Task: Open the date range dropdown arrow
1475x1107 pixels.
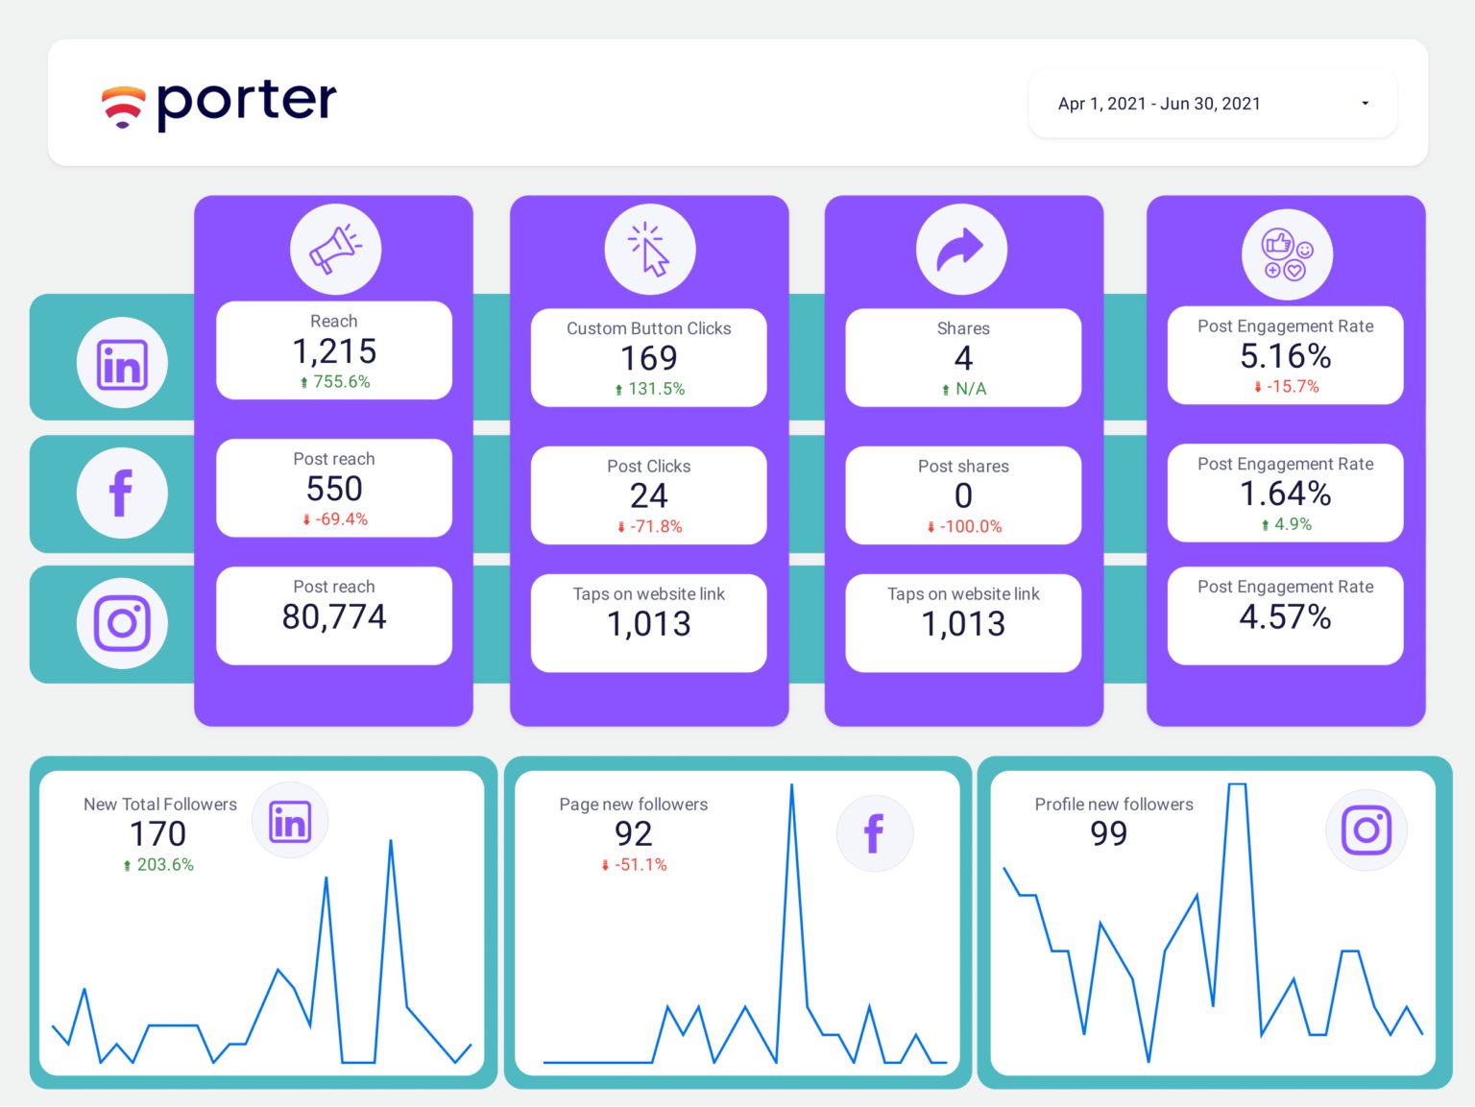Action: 1365,104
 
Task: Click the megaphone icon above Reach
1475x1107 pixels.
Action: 335,249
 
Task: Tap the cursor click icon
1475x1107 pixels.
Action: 650,250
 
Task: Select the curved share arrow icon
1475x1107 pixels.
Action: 961,249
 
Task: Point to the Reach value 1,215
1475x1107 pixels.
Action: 334,351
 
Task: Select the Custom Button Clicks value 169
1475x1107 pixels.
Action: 649,358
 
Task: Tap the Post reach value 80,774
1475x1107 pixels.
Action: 334,616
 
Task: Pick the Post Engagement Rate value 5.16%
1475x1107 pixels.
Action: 1285,356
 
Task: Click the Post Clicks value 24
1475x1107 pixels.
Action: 649,495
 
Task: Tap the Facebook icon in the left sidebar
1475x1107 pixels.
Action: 122,493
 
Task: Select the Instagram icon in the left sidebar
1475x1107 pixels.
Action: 122,623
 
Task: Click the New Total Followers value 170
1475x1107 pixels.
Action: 158,833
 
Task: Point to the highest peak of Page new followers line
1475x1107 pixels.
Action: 792,785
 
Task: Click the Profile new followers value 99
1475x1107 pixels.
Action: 1109,833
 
